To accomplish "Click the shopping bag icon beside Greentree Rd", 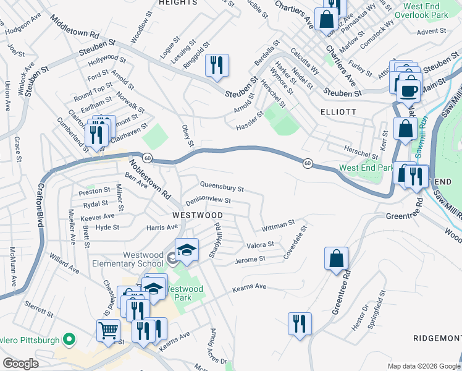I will tap(337, 259).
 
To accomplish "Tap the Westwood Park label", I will tap(184, 292).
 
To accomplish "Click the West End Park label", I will tap(366, 168).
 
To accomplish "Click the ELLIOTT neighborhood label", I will tap(338, 112).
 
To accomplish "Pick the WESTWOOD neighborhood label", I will tap(197, 215).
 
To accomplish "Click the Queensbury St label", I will tap(222, 185).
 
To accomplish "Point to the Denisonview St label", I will tap(208, 201).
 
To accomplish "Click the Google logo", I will tap(20, 364).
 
